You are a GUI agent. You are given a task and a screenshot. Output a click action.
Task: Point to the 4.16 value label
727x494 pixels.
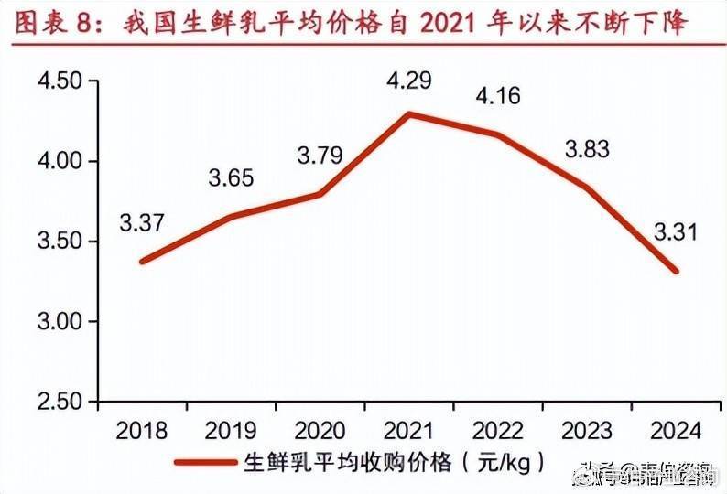(500, 95)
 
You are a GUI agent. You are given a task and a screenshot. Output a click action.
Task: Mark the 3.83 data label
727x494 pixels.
(586, 150)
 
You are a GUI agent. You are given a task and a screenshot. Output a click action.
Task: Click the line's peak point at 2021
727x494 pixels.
(409, 114)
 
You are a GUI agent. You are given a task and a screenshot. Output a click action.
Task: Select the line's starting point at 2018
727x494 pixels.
(142, 262)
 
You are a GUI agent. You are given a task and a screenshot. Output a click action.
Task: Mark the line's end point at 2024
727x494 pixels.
(677, 271)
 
